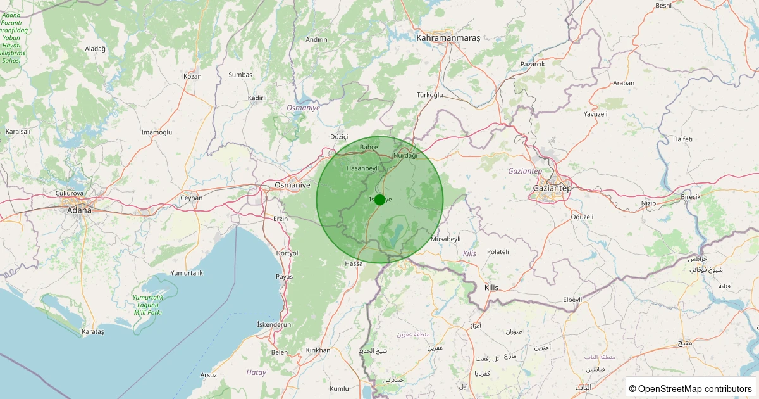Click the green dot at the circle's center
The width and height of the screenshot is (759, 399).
[x=379, y=199]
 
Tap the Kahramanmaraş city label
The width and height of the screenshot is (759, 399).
[x=448, y=38]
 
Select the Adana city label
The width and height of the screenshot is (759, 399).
[x=78, y=210]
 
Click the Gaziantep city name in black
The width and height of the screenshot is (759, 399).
[x=552, y=189]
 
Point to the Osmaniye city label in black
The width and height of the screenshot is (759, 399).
[x=293, y=185]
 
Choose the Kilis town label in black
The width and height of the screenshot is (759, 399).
[x=491, y=288]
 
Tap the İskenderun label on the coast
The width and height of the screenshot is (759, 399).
[x=274, y=324]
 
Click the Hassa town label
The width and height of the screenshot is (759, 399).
[x=354, y=263]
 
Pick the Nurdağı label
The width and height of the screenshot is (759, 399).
[x=405, y=155]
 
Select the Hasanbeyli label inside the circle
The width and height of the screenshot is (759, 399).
[x=362, y=168]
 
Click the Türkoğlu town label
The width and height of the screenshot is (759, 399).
[x=430, y=95]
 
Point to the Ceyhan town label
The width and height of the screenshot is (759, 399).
[x=192, y=198]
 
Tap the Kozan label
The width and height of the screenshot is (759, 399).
[x=192, y=76]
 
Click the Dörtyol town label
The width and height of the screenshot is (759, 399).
[x=287, y=253]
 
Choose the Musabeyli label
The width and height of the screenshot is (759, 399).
[x=445, y=239]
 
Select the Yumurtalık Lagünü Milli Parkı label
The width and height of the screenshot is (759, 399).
[x=148, y=305]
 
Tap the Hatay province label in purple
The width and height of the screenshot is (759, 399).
[x=256, y=372]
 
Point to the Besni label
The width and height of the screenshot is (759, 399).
[x=663, y=6]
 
